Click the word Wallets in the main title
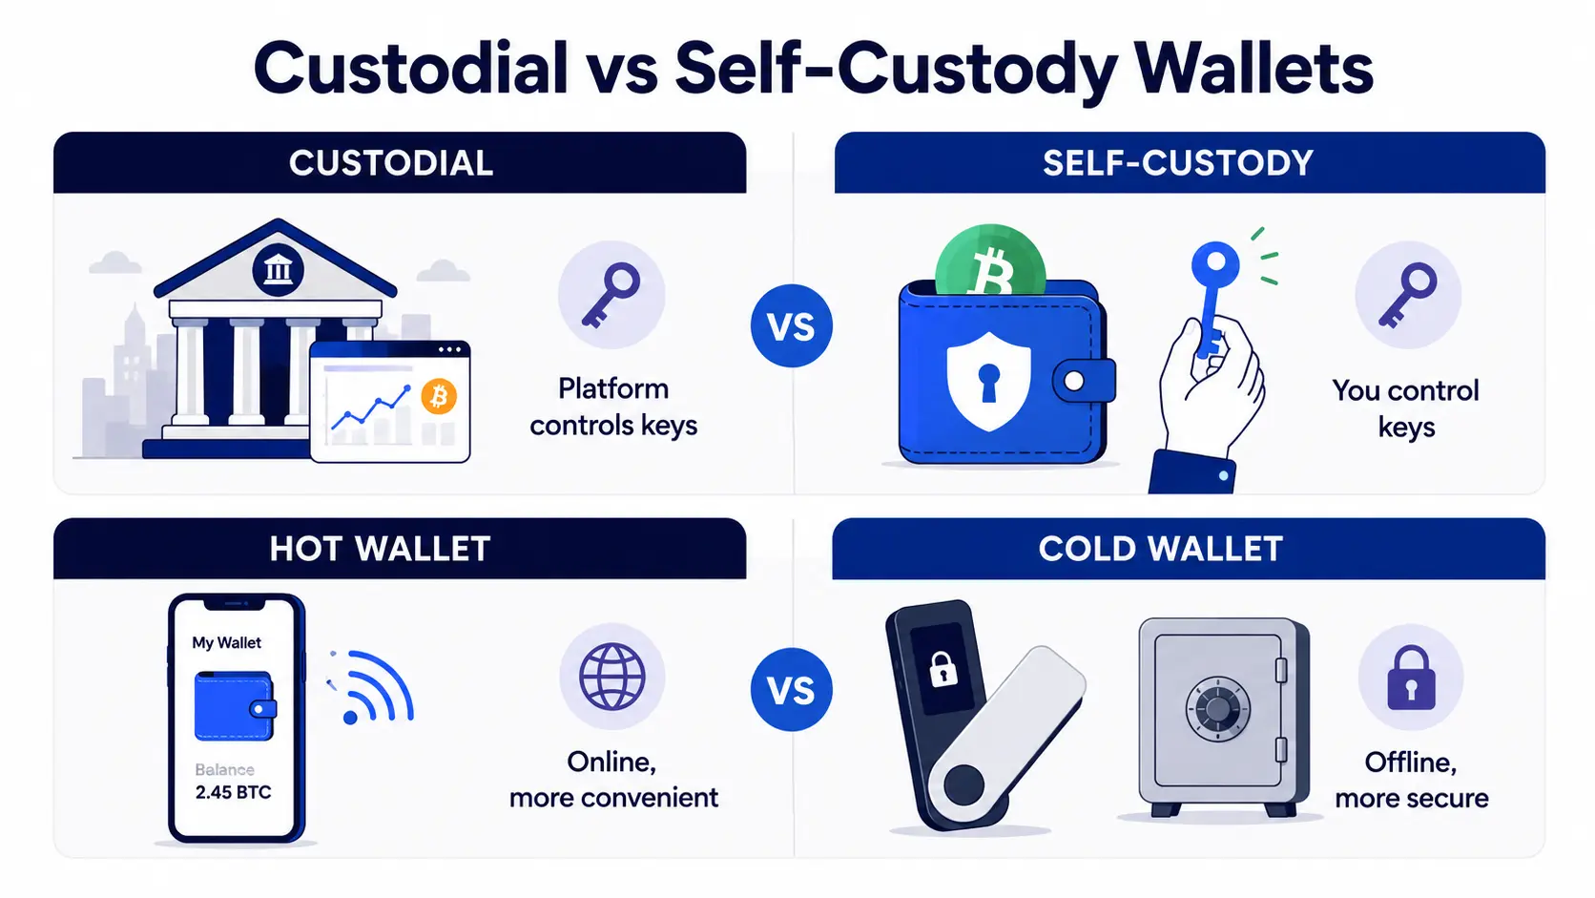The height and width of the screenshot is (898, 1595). [1253, 69]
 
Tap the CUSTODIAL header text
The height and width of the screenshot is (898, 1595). [391, 163]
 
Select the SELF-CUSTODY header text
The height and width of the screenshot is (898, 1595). [1178, 163]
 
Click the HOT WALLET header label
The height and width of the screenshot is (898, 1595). [381, 549]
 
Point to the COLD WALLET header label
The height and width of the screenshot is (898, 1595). [1161, 549]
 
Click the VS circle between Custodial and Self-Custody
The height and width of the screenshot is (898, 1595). [791, 326]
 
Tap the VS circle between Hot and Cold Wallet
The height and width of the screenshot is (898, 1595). [791, 689]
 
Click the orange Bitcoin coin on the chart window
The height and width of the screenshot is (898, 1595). [439, 397]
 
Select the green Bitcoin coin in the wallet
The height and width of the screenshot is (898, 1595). [990, 262]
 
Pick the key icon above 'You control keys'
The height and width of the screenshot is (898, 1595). [1408, 295]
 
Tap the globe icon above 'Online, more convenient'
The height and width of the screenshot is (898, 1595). [611, 677]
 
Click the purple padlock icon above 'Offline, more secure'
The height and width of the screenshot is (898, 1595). [1411, 678]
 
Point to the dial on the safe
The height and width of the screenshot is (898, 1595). [1217, 709]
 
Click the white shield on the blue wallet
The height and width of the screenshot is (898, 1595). [988, 381]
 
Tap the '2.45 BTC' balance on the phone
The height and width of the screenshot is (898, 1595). [233, 793]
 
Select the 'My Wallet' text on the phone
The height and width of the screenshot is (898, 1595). [226, 643]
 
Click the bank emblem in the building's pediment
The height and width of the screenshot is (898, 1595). [278, 271]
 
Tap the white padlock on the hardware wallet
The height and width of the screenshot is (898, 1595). [943, 669]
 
